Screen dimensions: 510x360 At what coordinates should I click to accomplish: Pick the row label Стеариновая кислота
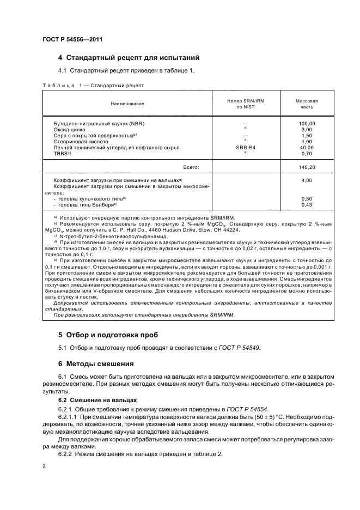click(x=80, y=142)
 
